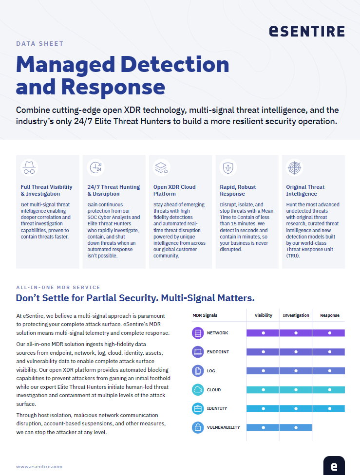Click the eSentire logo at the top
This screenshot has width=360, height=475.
[x=306, y=31]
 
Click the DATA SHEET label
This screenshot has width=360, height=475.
[x=40, y=43]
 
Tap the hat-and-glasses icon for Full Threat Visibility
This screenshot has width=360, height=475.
[x=29, y=168]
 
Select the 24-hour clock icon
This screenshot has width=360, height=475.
[x=95, y=168]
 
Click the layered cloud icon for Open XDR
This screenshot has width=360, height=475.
[x=161, y=168]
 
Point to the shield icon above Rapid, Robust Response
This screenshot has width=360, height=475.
[x=227, y=168]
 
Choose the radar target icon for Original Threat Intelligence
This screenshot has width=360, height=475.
[x=294, y=168]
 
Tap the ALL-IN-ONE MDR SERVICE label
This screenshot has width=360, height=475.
[x=58, y=288]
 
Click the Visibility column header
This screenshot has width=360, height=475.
[x=264, y=315]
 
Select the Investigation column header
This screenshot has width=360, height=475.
[x=296, y=315]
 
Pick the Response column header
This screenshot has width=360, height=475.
[x=329, y=315]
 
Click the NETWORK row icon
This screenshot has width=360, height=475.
[x=198, y=333]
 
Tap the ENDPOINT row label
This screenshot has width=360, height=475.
[x=218, y=352]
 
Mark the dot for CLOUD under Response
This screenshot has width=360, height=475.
[x=329, y=390]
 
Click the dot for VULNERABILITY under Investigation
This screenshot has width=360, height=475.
[x=296, y=428]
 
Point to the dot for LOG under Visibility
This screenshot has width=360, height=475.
[x=264, y=371]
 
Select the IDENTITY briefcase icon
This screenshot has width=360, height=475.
[x=198, y=409]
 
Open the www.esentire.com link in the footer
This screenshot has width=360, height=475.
[x=39, y=466]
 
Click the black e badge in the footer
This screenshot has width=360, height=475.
[x=334, y=466]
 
